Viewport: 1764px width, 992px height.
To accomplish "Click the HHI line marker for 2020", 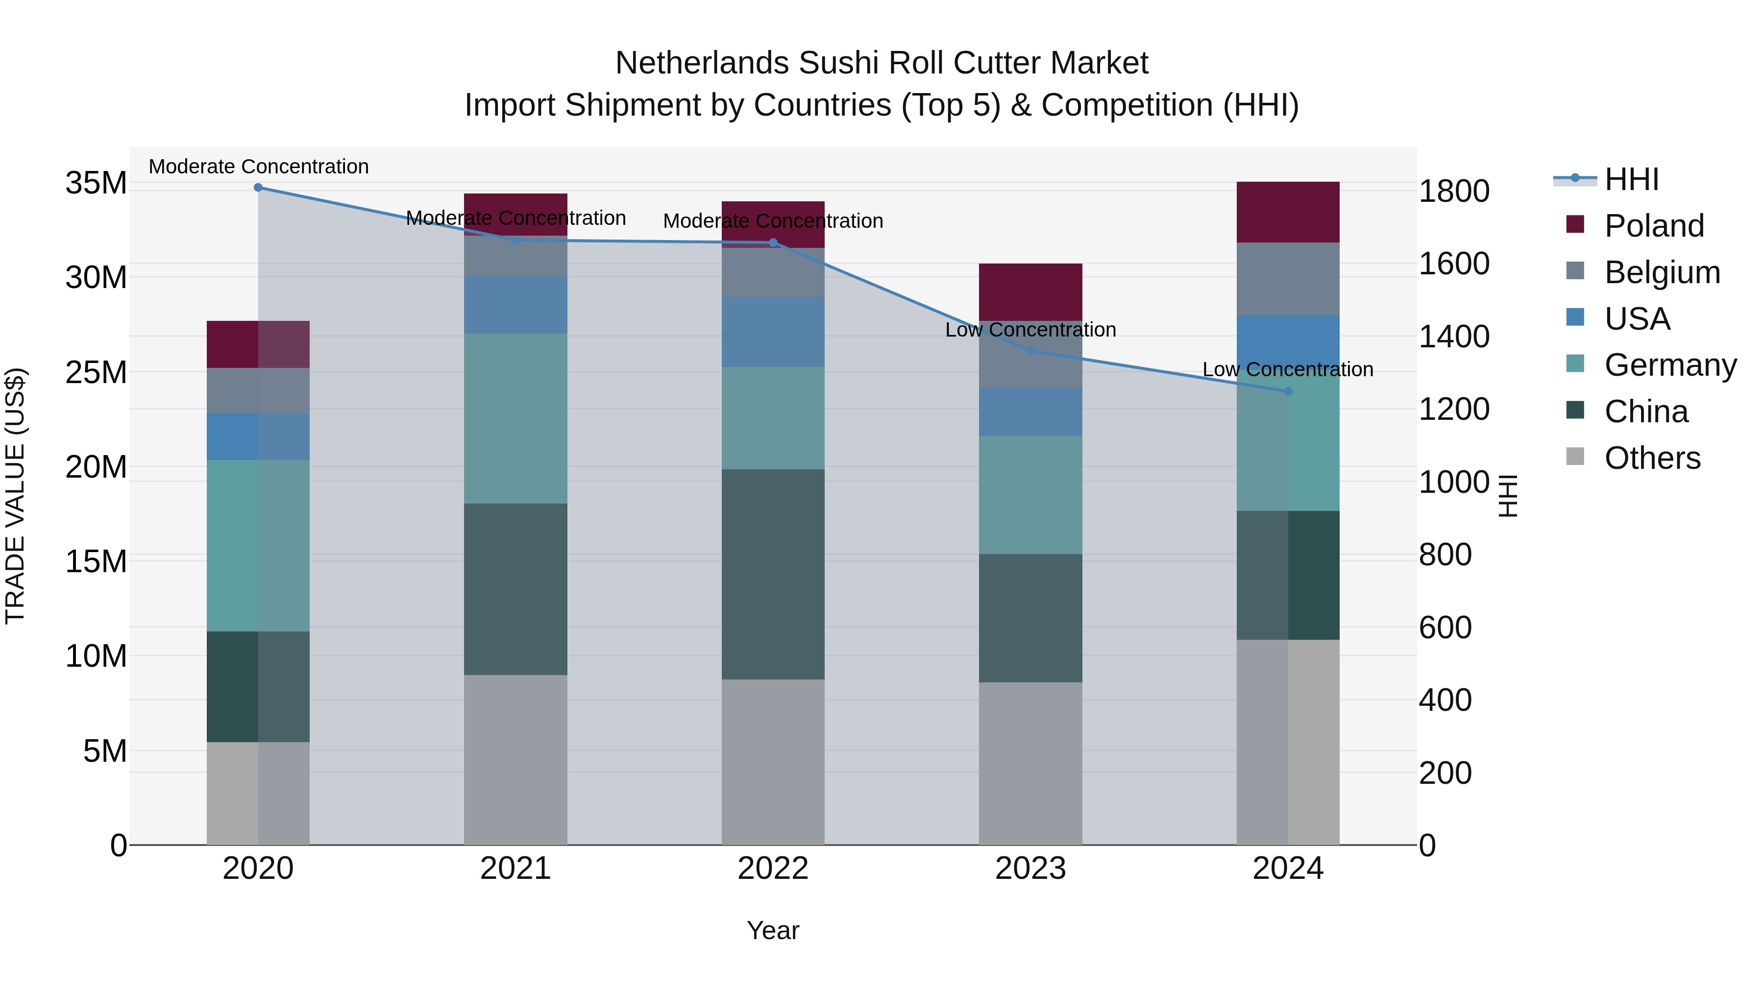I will click(x=258, y=188).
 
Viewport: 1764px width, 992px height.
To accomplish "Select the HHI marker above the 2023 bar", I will click(x=1030, y=351).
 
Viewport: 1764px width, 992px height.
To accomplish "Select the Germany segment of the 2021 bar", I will click(x=515, y=418).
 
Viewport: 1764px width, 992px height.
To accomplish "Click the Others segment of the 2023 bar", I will click(x=1030, y=763).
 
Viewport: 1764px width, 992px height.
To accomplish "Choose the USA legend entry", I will click(x=1637, y=319).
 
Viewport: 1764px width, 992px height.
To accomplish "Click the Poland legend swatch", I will click(x=1575, y=224).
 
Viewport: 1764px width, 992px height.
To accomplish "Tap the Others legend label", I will click(x=1652, y=458).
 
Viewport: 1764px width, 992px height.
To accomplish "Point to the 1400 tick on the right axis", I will click(x=1454, y=337).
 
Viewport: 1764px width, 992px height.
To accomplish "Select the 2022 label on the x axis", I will click(x=773, y=869).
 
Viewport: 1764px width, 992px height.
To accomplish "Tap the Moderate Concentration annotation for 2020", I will click(x=258, y=167).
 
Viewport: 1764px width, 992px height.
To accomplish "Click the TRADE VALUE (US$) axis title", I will click(x=15, y=496).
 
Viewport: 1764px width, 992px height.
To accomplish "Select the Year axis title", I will click(x=773, y=930).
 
